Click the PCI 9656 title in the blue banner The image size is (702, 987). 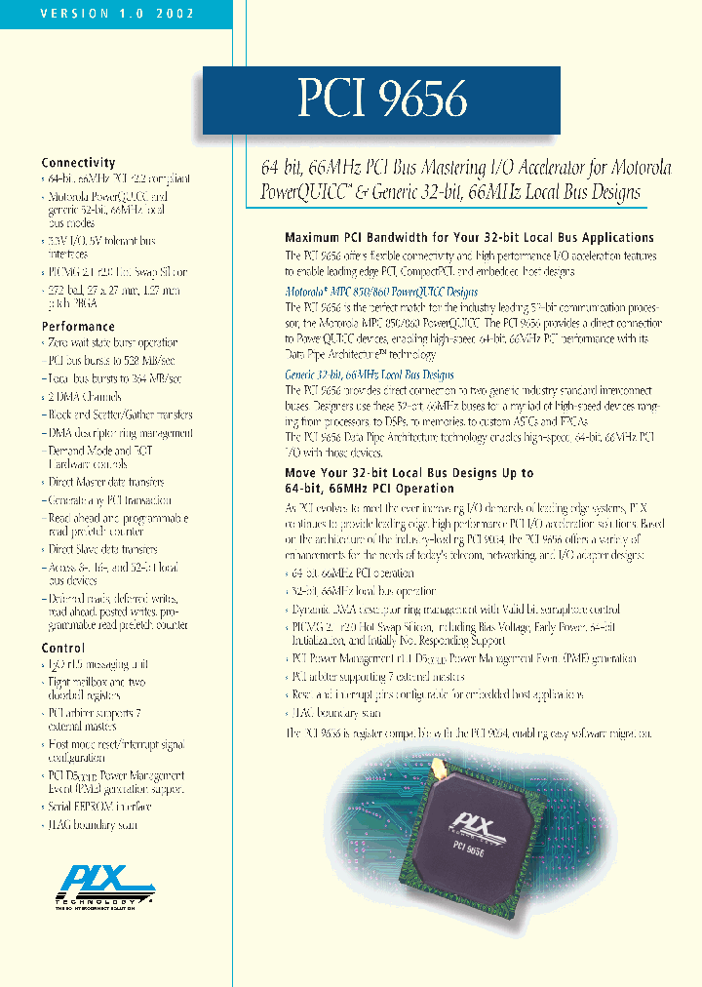(382, 99)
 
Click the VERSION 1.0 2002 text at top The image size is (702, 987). (117, 14)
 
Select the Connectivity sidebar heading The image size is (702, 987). (78, 163)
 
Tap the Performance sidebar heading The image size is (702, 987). (78, 327)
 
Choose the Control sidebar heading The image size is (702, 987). (63, 648)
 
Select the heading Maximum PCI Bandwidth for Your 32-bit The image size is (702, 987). (469, 238)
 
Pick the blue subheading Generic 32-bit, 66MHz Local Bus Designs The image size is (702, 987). (369, 375)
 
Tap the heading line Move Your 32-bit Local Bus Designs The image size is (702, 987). (409, 473)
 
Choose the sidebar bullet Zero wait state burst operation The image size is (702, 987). (112, 343)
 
